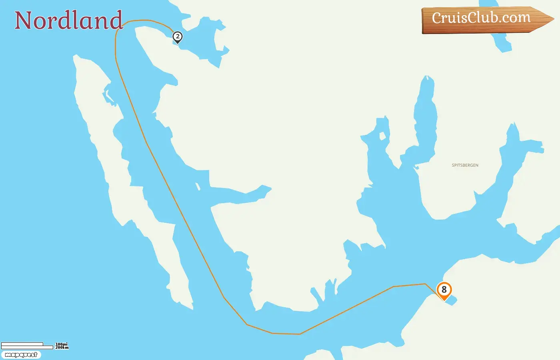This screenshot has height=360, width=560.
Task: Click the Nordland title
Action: [68, 20]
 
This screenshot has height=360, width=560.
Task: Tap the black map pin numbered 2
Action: [177, 37]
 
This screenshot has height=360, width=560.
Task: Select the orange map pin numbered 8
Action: [444, 290]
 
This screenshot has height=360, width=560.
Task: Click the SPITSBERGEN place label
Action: [465, 165]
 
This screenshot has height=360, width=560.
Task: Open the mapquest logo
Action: [21, 355]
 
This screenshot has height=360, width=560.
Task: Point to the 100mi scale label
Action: [62, 344]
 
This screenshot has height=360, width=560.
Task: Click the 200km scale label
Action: [62, 348]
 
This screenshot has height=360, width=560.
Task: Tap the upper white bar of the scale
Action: [22, 344]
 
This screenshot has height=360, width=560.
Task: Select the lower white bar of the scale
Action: [27, 347]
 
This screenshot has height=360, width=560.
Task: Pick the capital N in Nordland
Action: [24, 20]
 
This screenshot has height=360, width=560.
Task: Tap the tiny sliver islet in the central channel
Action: [198, 186]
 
